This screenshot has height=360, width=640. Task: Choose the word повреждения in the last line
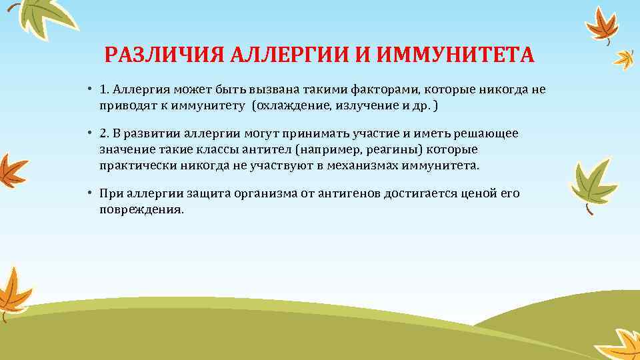click(140, 209)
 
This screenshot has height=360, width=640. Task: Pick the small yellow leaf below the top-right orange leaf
click(625, 59)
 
